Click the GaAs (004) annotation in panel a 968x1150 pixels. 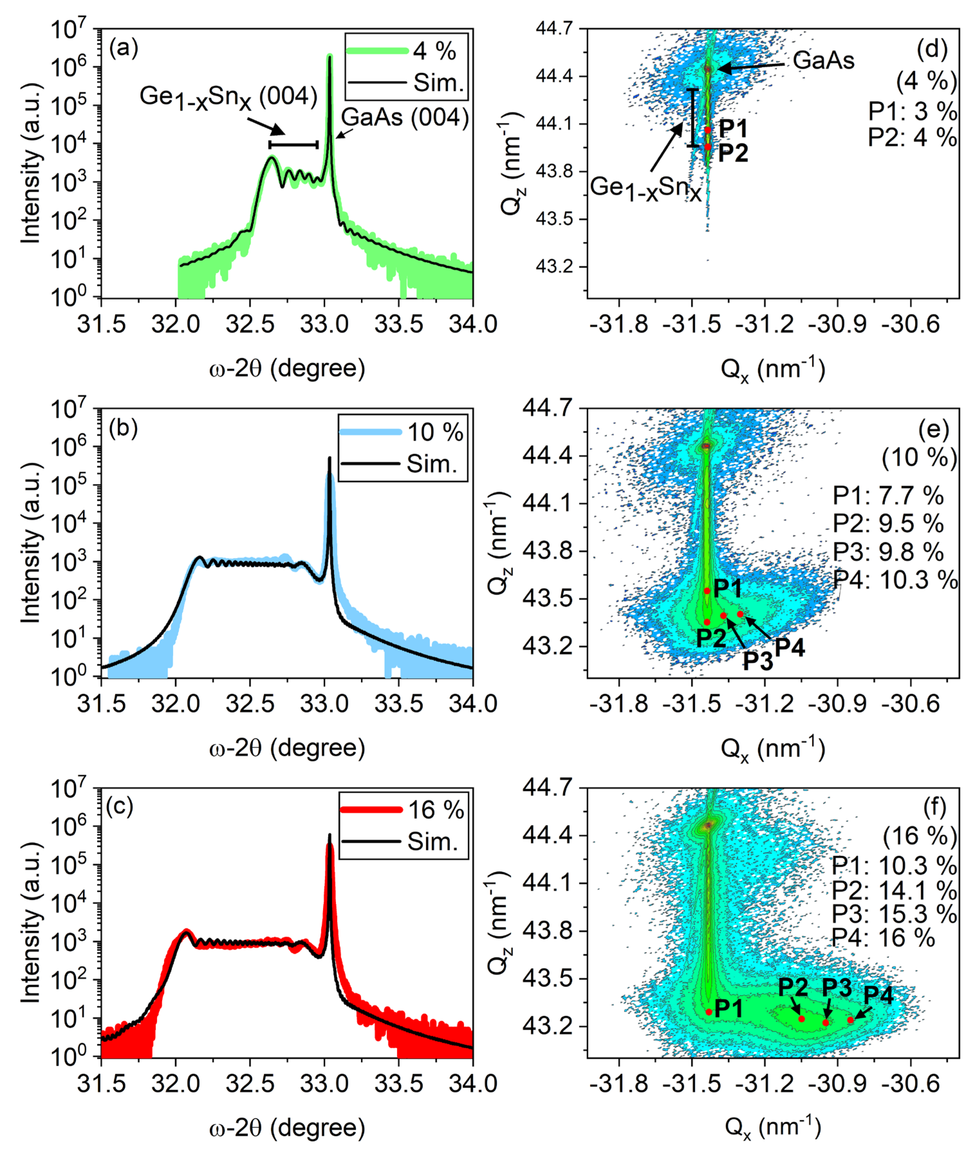click(x=405, y=117)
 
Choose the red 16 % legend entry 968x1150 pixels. click(x=403, y=810)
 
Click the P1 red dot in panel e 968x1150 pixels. click(x=707, y=591)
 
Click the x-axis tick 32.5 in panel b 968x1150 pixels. click(x=250, y=704)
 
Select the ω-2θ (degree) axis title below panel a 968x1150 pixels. click(x=287, y=368)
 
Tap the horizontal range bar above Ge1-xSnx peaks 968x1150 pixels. click(x=293, y=145)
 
